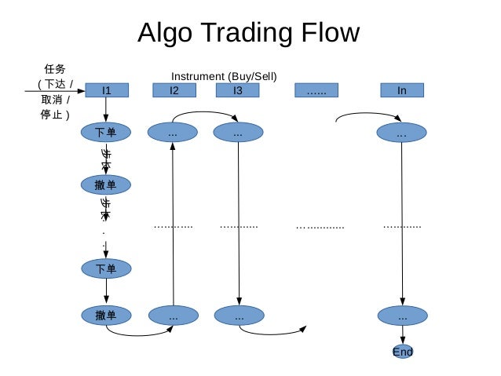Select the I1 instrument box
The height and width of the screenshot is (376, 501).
click(106, 90)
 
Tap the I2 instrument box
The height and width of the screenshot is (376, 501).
click(174, 90)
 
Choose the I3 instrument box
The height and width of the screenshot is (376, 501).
click(238, 90)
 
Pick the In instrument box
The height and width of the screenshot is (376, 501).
click(401, 90)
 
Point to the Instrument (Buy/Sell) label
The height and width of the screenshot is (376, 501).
click(224, 76)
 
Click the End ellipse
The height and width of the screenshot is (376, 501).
click(402, 352)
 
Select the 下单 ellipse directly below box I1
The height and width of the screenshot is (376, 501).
click(106, 132)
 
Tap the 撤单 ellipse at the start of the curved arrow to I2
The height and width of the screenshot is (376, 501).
click(106, 316)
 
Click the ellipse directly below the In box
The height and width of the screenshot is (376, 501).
click(401, 133)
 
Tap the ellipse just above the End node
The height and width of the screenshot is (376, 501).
click(402, 316)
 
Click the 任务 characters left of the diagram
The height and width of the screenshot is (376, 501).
click(56, 70)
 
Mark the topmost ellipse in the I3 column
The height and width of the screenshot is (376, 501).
click(238, 133)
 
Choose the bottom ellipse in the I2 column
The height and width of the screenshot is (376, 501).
click(173, 316)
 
